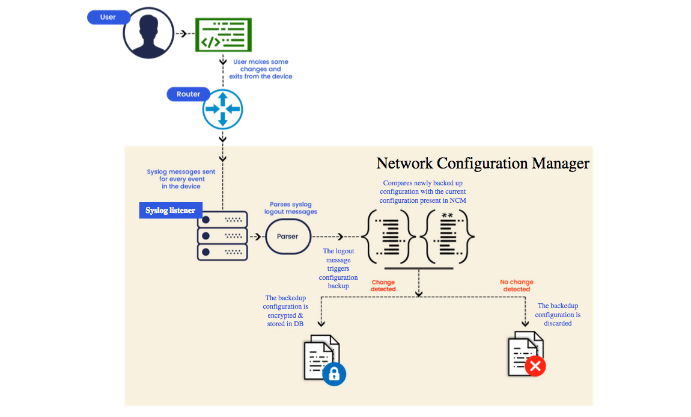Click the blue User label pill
108,17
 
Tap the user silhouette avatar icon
148,33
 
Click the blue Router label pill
188,94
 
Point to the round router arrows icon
222,110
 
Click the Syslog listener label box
171,210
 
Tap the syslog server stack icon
222,235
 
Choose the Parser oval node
287,236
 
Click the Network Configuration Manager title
482,163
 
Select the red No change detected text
516,285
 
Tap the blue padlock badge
335,374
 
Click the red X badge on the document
535,366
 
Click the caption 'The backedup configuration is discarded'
558,315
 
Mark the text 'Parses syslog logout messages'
291,208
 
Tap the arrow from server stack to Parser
256,236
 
